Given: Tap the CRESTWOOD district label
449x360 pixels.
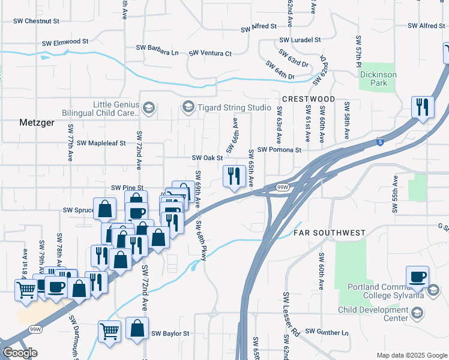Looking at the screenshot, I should (308, 98).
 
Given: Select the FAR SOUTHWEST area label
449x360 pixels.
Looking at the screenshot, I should (330, 232).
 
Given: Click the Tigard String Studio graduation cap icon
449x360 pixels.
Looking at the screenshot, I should (188, 107).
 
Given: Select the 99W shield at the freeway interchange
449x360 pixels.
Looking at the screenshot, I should (283, 188).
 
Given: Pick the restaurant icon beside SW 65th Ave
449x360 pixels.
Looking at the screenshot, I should (232, 176).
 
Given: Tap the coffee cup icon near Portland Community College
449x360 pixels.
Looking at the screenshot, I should (417, 277).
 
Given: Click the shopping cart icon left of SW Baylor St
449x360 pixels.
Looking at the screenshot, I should (109, 331).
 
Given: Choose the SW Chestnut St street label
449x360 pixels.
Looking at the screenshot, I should (37, 21).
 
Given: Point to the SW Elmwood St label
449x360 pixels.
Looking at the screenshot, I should (65, 43).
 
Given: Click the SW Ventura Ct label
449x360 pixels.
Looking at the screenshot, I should (210, 53).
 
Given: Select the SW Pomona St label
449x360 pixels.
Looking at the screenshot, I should (279, 149).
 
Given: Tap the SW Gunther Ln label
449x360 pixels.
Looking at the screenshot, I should (327, 332).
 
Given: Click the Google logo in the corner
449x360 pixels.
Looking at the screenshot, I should (20, 353).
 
